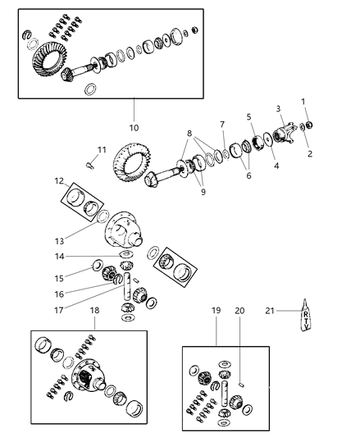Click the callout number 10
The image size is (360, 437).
click(134, 127)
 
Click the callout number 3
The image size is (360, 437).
click(279, 108)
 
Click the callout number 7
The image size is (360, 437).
click(221, 124)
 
